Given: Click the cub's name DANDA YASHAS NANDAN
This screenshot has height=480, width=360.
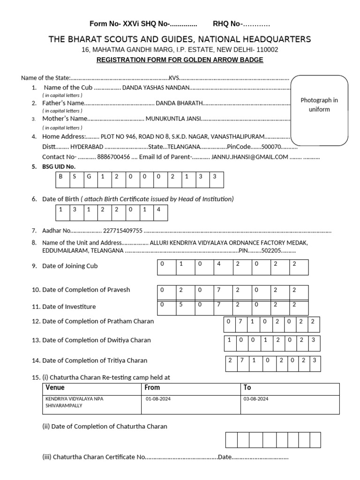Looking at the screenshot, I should pyautogui.click(x=156, y=88).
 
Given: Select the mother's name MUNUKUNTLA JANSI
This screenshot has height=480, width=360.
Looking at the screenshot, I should pyautogui.click(x=173, y=119).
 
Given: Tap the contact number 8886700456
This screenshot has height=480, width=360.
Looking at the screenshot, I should pyautogui.click(x=113, y=157).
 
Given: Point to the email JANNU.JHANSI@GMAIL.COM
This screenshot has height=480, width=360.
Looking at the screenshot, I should pyautogui.click(x=249, y=157).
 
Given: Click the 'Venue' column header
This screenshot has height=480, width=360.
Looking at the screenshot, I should pyautogui.click(x=55, y=388).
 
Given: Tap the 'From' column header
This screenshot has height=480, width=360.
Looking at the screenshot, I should pyautogui.click(x=152, y=388).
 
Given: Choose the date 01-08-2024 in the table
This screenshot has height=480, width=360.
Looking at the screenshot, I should pyautogui.click(x=156, y=399).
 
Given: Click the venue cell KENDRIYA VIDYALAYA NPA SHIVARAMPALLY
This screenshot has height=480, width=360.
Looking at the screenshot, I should pyautogui.click(x=75, y=402).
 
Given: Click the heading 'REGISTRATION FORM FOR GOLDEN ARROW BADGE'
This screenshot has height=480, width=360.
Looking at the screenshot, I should pyautogui.click(x=180, y=60).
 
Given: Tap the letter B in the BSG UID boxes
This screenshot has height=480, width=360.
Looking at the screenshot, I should pyautogui.click(x=60, y=177).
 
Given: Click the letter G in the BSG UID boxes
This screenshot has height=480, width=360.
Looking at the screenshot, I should pyautogui.click(x=89, y=177).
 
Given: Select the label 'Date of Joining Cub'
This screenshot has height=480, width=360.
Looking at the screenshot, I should pyautogui.click(x=70, y=266).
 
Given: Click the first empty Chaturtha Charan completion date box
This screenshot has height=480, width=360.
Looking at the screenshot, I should pyautogui.click(x=232, y=440).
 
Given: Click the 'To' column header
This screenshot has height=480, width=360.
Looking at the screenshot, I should pyautogui.click(x=247, y=388).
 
